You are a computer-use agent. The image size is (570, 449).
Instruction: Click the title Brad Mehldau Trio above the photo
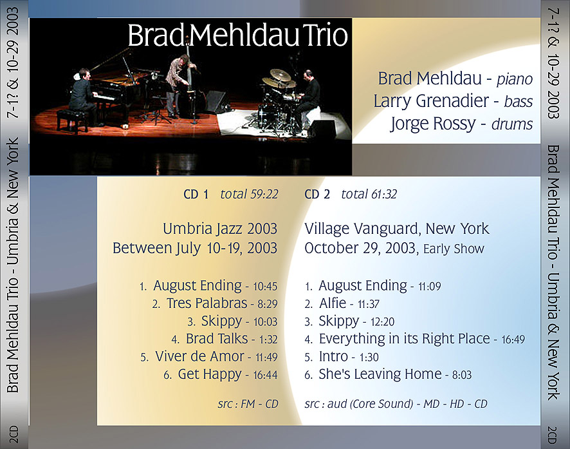click(238, 35)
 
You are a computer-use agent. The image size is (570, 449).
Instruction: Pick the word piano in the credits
click(515, 79)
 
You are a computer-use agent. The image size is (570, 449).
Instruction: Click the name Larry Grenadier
click(431, 100)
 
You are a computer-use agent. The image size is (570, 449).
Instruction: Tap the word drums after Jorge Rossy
click(512, 124)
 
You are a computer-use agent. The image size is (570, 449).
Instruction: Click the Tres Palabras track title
click(207, 303)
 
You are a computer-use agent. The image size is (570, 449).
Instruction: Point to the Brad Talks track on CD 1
click(217, 339)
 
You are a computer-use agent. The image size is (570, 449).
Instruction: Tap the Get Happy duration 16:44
click(265, 375)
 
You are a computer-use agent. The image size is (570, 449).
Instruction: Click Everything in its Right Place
click(404, 339)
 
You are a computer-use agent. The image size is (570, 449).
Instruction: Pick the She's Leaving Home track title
click(380, 374)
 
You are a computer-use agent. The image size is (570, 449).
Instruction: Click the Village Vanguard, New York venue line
click(396, 229)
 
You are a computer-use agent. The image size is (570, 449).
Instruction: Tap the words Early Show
click(454, 249)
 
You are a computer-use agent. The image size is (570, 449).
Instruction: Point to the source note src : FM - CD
click(248, 404)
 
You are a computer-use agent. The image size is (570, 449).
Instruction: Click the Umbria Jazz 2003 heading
click(220, 229)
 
